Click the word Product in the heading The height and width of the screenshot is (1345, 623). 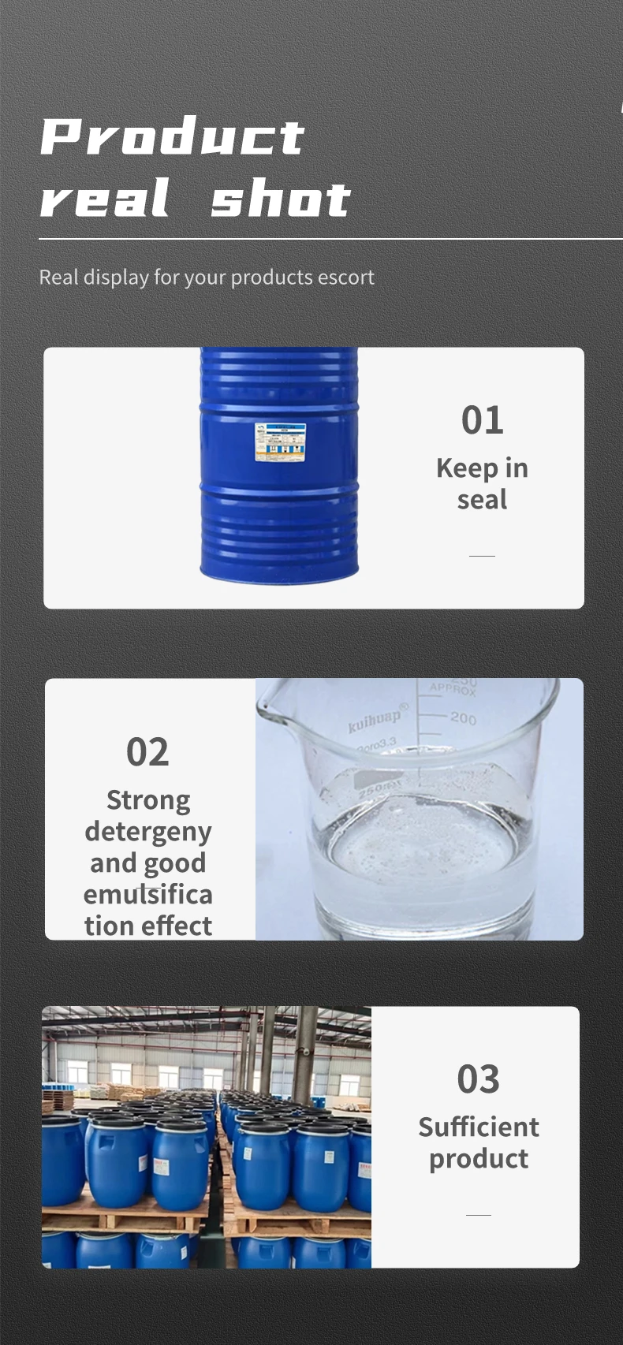tap(172, 138)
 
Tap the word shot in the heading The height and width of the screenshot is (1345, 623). tap(281, 199)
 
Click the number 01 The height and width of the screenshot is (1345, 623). tap(482, 420)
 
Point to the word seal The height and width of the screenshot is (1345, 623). tap(482, 500)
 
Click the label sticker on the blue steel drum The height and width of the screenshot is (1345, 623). tap(279, 442)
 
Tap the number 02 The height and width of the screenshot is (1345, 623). tap(147, 752)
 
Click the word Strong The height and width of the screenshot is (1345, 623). tap(148, 800)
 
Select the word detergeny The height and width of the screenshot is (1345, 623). tap(148, 832)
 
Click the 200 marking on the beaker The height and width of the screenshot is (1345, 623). tap(463, 718)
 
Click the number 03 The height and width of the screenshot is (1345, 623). tap(478, 1079)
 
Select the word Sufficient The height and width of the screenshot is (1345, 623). tap(479, 1127)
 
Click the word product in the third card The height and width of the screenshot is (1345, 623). tap(479, 1159)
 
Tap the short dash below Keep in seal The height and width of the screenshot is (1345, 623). tap(482, 556)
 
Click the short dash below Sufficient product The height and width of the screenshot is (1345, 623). tap(478, 1215)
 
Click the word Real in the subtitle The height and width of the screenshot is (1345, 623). tap(59, 278)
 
